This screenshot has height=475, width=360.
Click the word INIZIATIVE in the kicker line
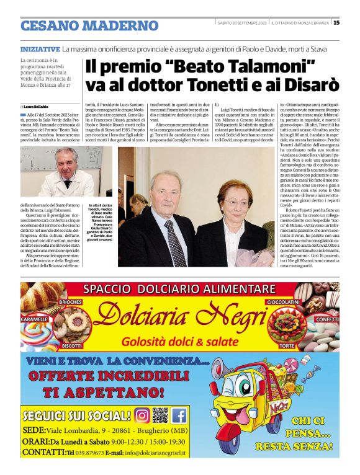pyautogui.click(x=40, y=48)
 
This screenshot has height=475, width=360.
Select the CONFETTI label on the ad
pyautogui.click(x=326, y=319)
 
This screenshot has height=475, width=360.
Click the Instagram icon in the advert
pyautogui.click(x=142, y=415)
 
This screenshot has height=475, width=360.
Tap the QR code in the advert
pyautogui.click(x=160, y=415)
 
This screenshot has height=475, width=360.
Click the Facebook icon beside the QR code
pyautogui.click(x=179, y=415)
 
